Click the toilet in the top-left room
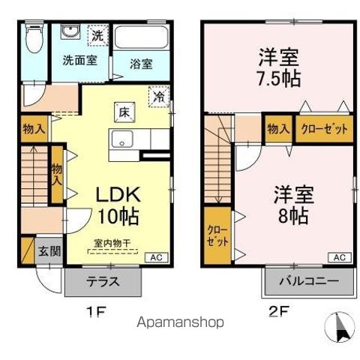point(33,40)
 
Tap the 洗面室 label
point(78,60)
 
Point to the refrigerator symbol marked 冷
point(158,97)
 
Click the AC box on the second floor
point(339,257)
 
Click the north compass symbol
point(337,327)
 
